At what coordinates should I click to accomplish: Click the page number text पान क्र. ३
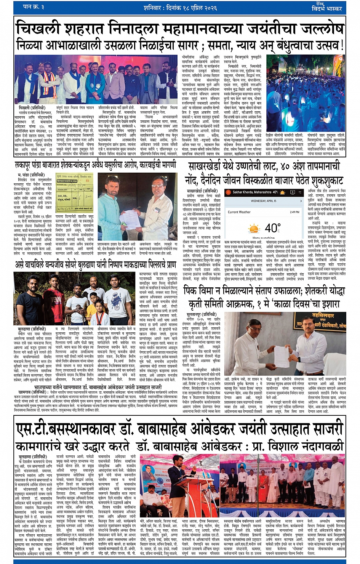[34, 7]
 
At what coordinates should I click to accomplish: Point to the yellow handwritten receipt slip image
[75, 194]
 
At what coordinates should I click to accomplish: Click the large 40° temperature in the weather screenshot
[272, 228]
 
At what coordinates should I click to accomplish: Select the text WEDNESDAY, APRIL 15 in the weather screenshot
[264, 200]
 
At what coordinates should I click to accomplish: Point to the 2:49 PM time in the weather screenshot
[294, 212]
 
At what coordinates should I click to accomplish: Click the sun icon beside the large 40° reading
[254, 229]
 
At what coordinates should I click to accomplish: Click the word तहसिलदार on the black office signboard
[325, 316]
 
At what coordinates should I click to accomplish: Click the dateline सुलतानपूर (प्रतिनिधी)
[202, 315]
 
